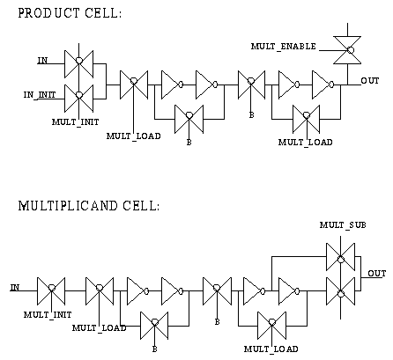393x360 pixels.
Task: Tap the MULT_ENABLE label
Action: pyautogui.click(x=284, y=47)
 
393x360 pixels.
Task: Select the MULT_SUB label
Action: pyautogui.click(x=343, y=225)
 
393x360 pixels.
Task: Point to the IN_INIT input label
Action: pyautogui.click(x=40, y=95)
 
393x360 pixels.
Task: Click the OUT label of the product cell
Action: pyautogui.click(x=370, y=80)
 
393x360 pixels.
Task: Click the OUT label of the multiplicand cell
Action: pyautogui.click(x=377, y=274)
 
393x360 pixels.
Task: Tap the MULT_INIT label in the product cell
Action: pyautogui.click(x=76, y=122)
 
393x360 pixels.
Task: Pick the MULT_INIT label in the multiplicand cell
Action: pyautogui.click(x=48, y=315)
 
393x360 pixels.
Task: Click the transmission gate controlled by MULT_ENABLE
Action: pyautogui.click(x=347, y=50)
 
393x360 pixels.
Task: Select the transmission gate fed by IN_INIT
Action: pyautogui.click(x=79, y=99)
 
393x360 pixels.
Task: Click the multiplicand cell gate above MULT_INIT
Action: pyautogui.click(x=51, y=290)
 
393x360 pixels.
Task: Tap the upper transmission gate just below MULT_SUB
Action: pyautogui.click(x=341, y=257)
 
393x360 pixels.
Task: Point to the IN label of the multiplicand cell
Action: pyautogui.click(x=15, y=288)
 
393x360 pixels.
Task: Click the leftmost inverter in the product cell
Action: pyautogui.click(x=172, y=84)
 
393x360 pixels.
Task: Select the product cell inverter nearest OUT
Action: pyautogui.click(x=323, y=84)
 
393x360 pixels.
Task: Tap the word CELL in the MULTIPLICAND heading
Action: pyautogui.click(x=141, y=206)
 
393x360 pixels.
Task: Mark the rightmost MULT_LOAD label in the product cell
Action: pyautogui.click(x=306, y=143)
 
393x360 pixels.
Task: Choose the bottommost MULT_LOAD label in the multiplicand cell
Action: pyautogui.click(x=271, y=349)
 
